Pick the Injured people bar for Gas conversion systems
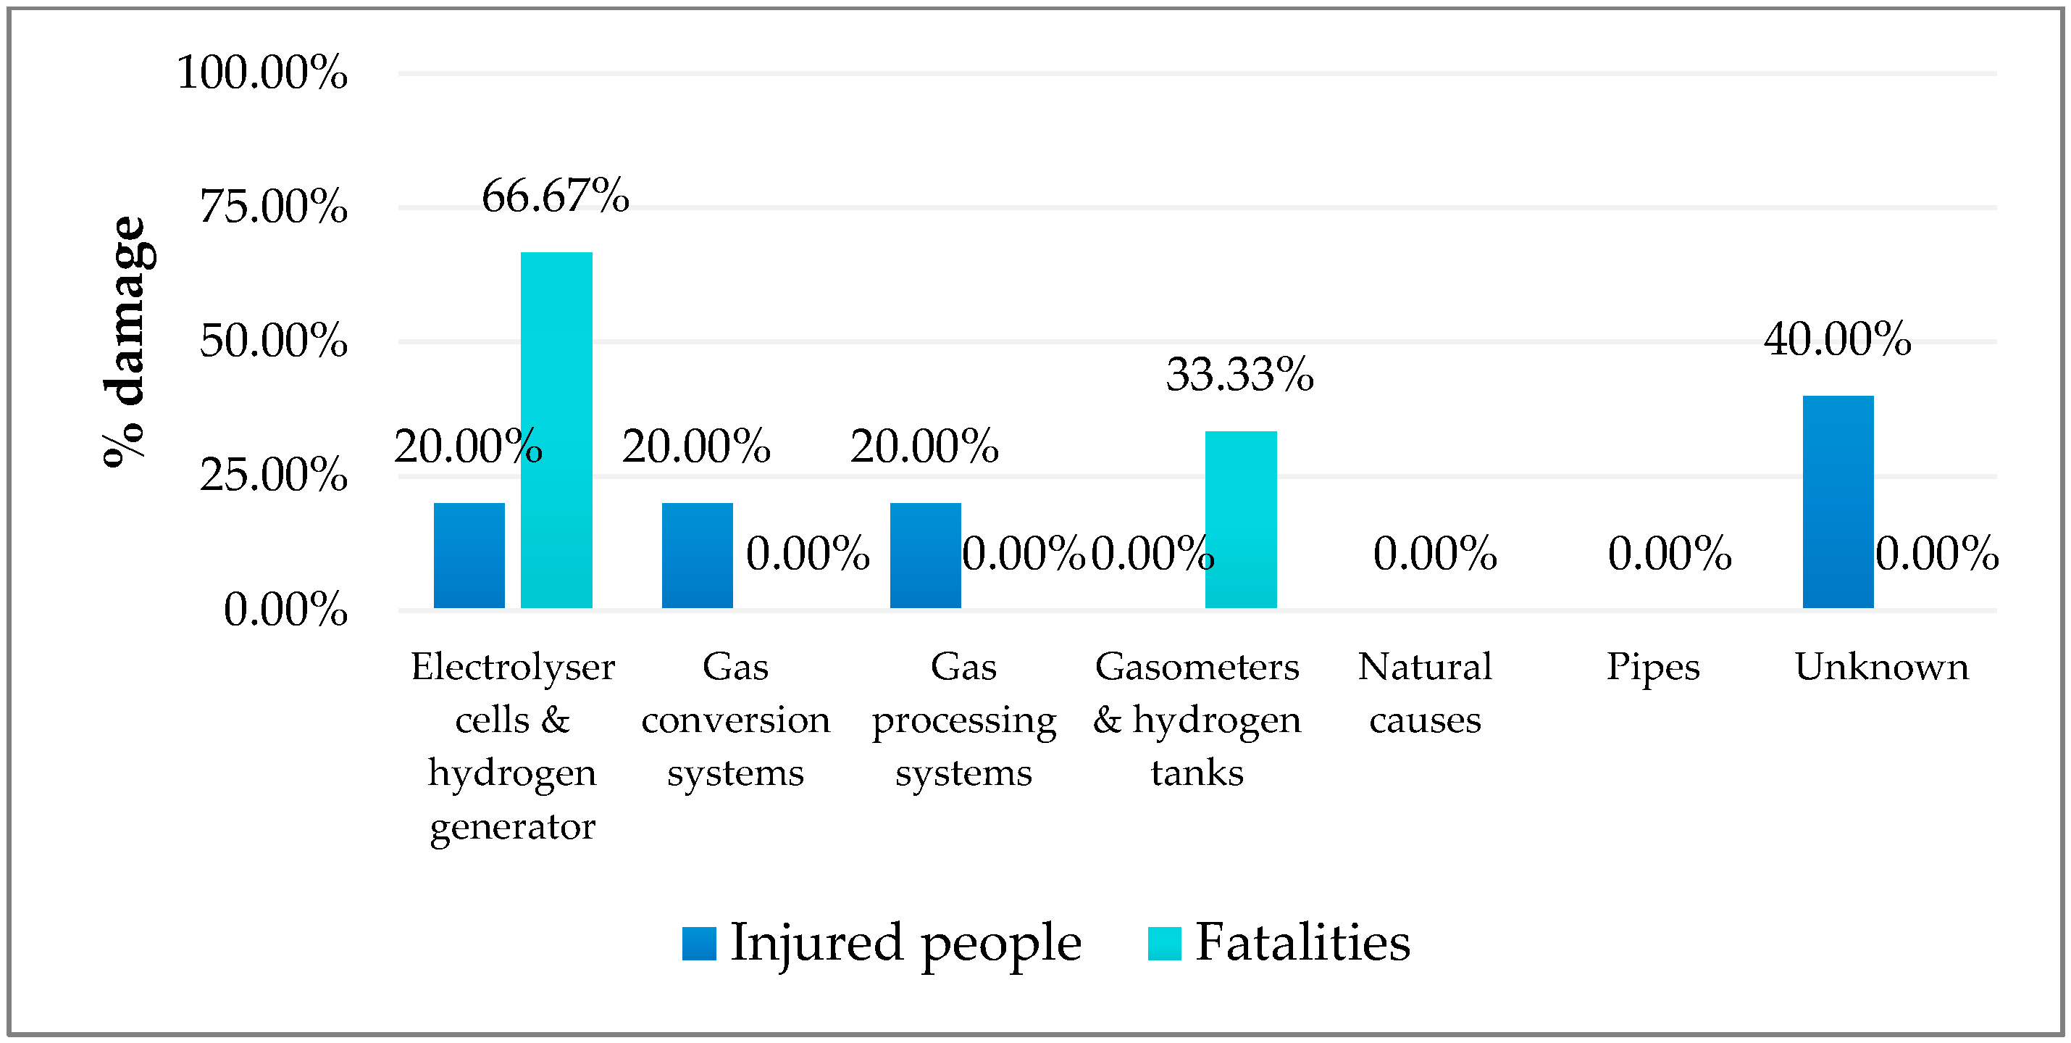click(697, 555)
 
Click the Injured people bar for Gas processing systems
click(925, 555)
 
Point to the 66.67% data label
click(555, 196)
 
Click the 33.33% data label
click(1239, 375)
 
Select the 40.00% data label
click(1837, 338)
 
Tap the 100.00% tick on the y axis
click(262, 72)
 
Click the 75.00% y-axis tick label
click(273, 207)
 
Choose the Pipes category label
click(1653, 668)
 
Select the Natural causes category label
click(1425, 692)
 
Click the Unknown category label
click(1881, 668)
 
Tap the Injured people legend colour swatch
click(698, 943)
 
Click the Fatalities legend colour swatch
click(1164, 943)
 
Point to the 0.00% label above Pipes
click(1669, 554)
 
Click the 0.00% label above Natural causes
click(1434, 554)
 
